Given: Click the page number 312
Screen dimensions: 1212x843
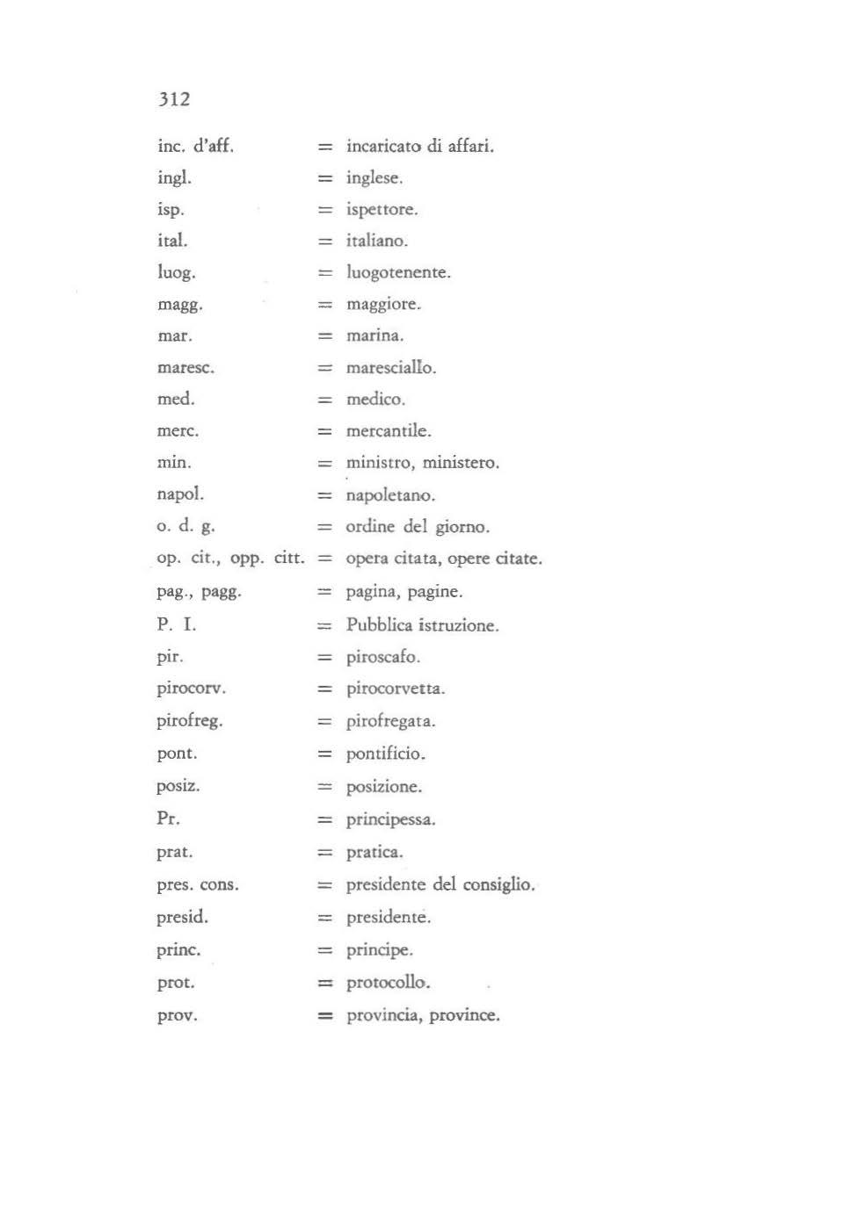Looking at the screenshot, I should tap(174, 99).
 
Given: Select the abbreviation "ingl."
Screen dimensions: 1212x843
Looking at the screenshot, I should tap(174, 178).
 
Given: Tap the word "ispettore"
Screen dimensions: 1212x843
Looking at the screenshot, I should tap(382, 210).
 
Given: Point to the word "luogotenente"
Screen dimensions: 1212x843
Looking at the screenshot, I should tap(397, 273).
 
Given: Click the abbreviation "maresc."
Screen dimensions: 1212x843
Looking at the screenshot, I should tap(185, 368).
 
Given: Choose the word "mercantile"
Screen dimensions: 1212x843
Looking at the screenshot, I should tap(388, 431).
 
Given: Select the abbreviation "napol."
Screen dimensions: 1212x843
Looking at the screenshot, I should tap(179, 494).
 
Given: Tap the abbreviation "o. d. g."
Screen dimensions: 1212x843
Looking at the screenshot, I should tap(185, 526).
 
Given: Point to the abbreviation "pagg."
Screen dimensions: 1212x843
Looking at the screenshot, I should tap(222, 592).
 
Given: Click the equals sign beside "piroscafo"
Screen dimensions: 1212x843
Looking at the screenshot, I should tap(325, 658).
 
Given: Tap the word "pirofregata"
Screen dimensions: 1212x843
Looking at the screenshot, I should tap(390, 722).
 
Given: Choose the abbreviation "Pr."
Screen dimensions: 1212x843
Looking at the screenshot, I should tap(168, 819).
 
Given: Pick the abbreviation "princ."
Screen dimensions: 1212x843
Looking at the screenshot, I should tap(178, 950).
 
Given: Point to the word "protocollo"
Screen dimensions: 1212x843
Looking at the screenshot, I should tap(388, 983).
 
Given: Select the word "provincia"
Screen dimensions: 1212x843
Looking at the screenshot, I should tap(382, 1015).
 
